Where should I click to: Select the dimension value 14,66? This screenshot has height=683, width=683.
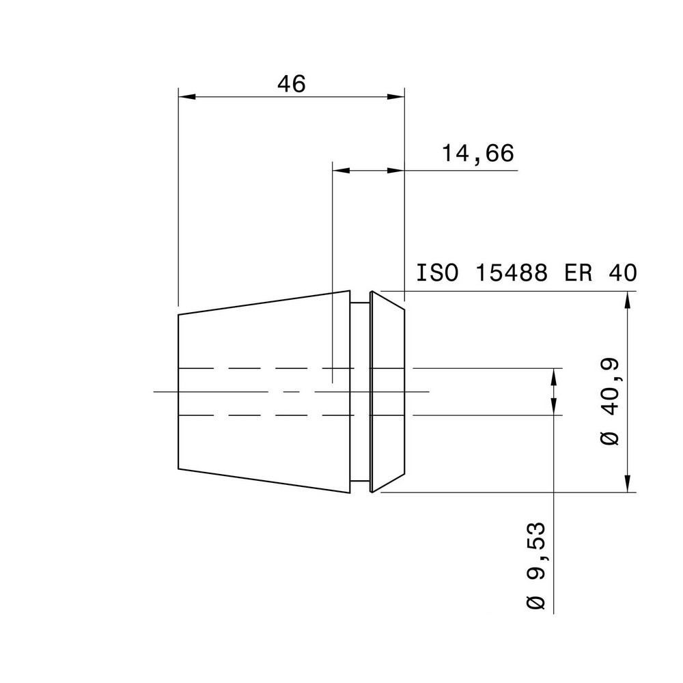(477, 154)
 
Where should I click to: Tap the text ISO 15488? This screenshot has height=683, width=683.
(482, 273)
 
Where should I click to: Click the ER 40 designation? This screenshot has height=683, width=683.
(600, 273)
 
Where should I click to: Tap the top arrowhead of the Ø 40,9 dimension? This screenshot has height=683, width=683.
(627, 299)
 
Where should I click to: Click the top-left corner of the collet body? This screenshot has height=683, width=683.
(178, 315)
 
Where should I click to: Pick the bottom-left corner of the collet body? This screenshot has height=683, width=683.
(178, 469)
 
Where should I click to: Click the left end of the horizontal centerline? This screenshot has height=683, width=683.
(155, 391)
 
